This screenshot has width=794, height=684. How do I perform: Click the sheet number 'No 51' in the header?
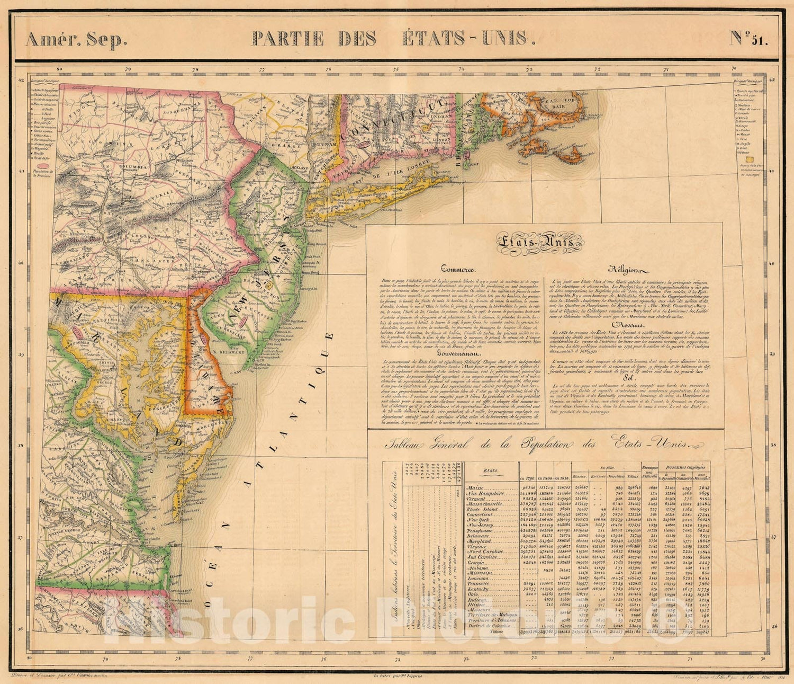[748, 38]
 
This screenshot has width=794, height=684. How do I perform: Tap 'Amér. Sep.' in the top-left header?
[76, 39]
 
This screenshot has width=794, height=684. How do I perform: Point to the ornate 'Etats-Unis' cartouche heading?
[539, 243]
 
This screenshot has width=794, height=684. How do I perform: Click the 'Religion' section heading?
[626, 269]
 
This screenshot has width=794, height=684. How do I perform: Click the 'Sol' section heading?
[626, 378]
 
